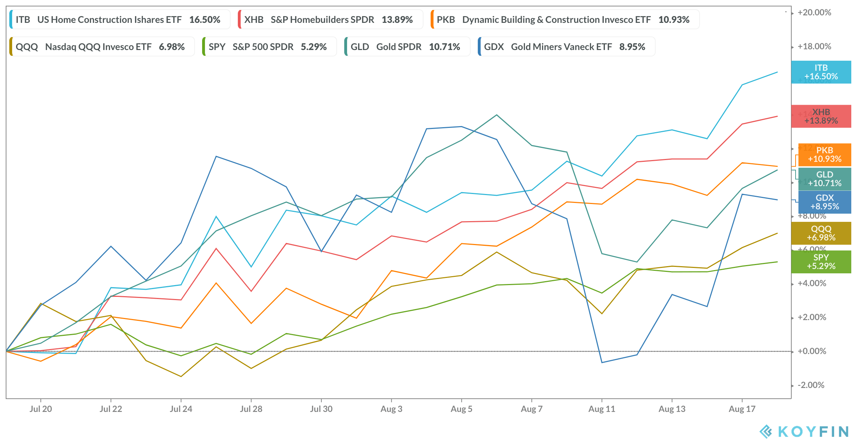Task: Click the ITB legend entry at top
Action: click(x=118, y=20)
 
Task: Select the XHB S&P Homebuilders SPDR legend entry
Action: click(x=329, y=20)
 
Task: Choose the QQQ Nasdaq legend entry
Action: click(x=100, y=47)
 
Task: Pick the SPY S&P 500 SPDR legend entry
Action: click(x=268, y=47)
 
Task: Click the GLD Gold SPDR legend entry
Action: click(x=405, y=47)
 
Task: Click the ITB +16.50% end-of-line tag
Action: click(x=821, y=72)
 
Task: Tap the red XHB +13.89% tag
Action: click(x=821, y=116)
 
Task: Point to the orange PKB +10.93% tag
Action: click(x=825, y=155)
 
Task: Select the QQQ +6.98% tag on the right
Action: click(x=821, y=233)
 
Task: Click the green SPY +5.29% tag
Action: click(x=821, y=262)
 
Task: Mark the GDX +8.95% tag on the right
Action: click(x=825, y=202)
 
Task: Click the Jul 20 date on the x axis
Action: click(x=41, y=409)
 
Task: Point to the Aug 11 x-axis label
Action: click(x=602, y=409)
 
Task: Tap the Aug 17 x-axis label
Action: click(x=742, y=409)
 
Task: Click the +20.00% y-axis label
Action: click(x=814, y=13)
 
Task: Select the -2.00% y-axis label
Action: click(x=811, y=385)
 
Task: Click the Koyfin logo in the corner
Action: click(x=804, y=432)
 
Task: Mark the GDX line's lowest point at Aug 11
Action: click(x=602, y=363)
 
